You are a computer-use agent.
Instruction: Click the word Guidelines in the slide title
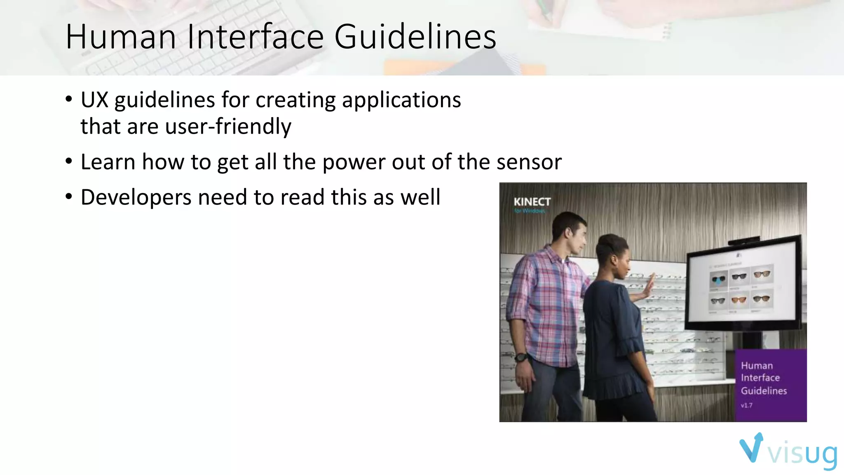click(x=415, y=37)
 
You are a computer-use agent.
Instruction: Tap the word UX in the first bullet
click(x=94, y=100)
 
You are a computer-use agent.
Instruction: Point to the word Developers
click(x=136, y=198)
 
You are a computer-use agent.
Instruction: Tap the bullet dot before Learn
click(x=69, y=161)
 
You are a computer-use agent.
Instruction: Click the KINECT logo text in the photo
click(x=532, y=202)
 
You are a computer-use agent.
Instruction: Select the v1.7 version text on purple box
click(x=746, y=405)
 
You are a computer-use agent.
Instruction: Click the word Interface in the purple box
click(x=760, y=378)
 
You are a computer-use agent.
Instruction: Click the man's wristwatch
click(x=521, y=357)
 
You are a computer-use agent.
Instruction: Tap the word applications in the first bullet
click(x=401, y=100)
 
